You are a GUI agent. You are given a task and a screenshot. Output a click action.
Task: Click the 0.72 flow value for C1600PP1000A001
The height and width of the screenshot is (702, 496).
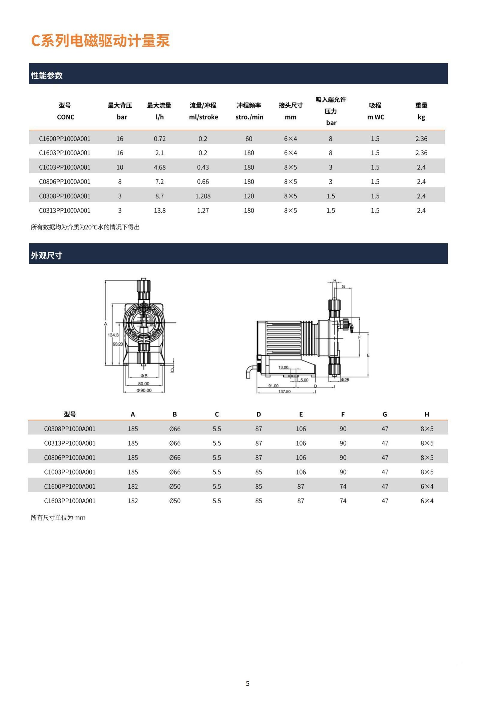point(160,139)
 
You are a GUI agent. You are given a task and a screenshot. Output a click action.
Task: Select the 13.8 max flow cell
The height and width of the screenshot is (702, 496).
point(160,211)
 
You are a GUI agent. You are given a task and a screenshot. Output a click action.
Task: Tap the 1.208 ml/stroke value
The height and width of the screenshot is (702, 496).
point(203,196)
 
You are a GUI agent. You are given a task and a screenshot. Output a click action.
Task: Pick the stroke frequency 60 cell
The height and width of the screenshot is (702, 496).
point(249,139)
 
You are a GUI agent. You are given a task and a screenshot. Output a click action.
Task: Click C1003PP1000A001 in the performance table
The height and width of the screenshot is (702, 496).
point(65,167)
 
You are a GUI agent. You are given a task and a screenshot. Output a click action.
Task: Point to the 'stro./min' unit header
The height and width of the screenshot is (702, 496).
point(249,117)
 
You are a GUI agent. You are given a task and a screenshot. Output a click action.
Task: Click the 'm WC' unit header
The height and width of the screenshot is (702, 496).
point(375,117)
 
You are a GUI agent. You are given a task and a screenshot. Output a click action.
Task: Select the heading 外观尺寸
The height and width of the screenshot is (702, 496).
point(46,255)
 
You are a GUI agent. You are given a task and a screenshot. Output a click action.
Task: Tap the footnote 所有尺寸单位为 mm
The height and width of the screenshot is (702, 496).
point(58,518)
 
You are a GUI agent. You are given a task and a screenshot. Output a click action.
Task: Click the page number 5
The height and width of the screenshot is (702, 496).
point(248,683)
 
